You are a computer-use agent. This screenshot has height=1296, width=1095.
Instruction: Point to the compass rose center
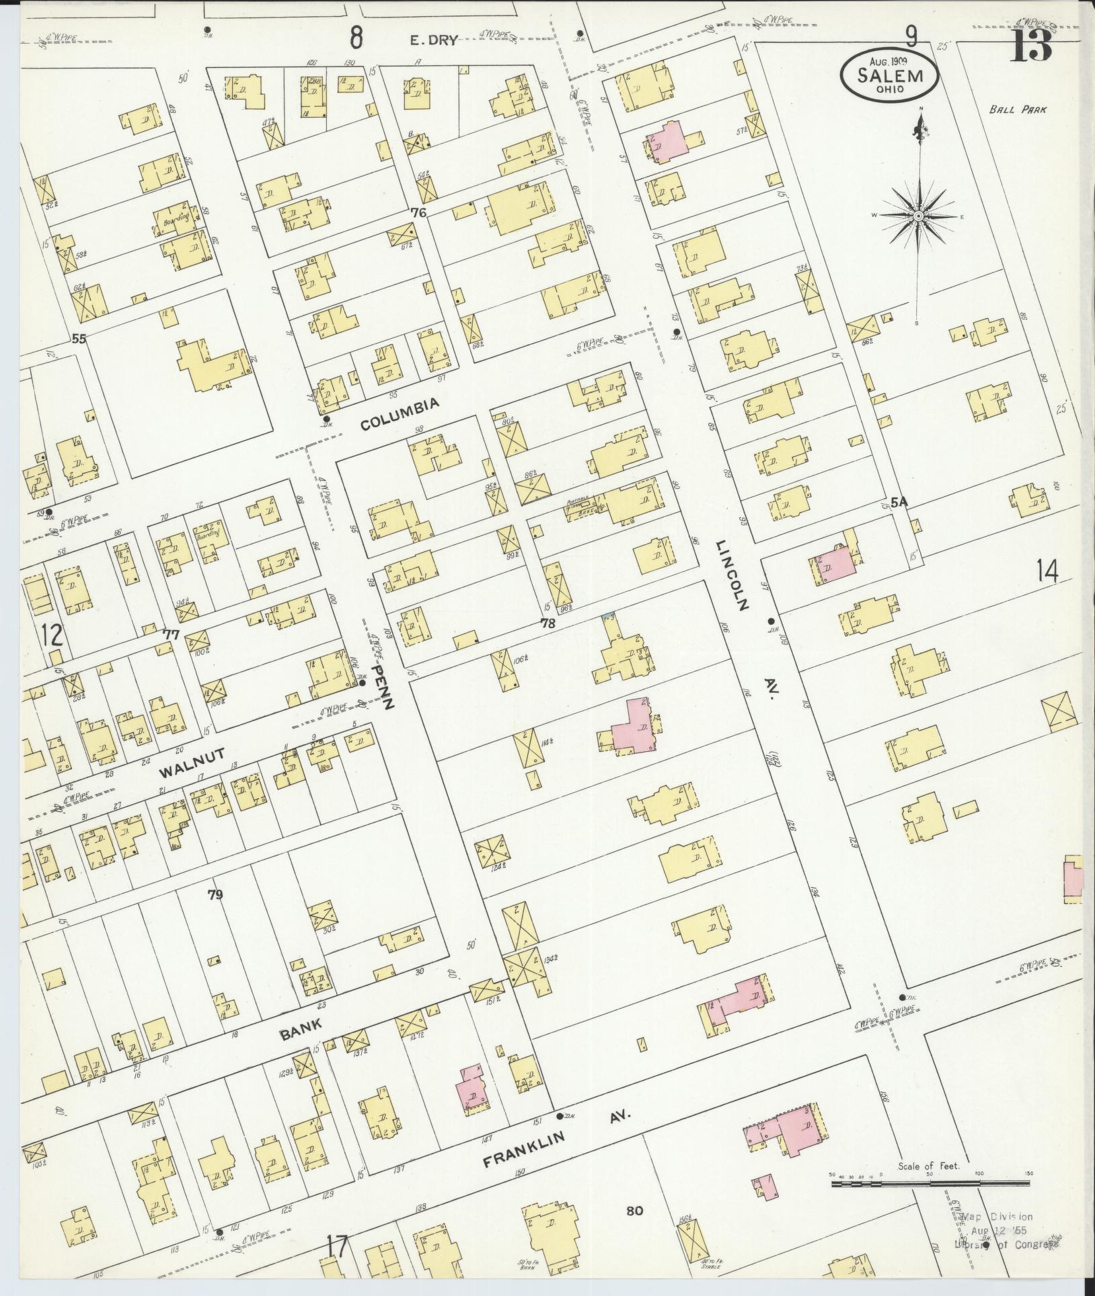[x=917, y=216]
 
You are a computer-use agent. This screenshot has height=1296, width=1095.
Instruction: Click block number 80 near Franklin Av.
[x=634, y=1211]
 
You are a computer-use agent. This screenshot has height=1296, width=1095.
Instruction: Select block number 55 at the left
[x=79, y=340]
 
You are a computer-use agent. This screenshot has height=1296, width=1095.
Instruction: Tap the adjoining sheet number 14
[x=1047, y=572]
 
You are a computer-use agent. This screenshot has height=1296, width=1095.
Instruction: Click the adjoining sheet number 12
[x=52, y=635]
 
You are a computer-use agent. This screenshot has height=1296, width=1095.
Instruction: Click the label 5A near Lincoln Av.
[x=899, y=502]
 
